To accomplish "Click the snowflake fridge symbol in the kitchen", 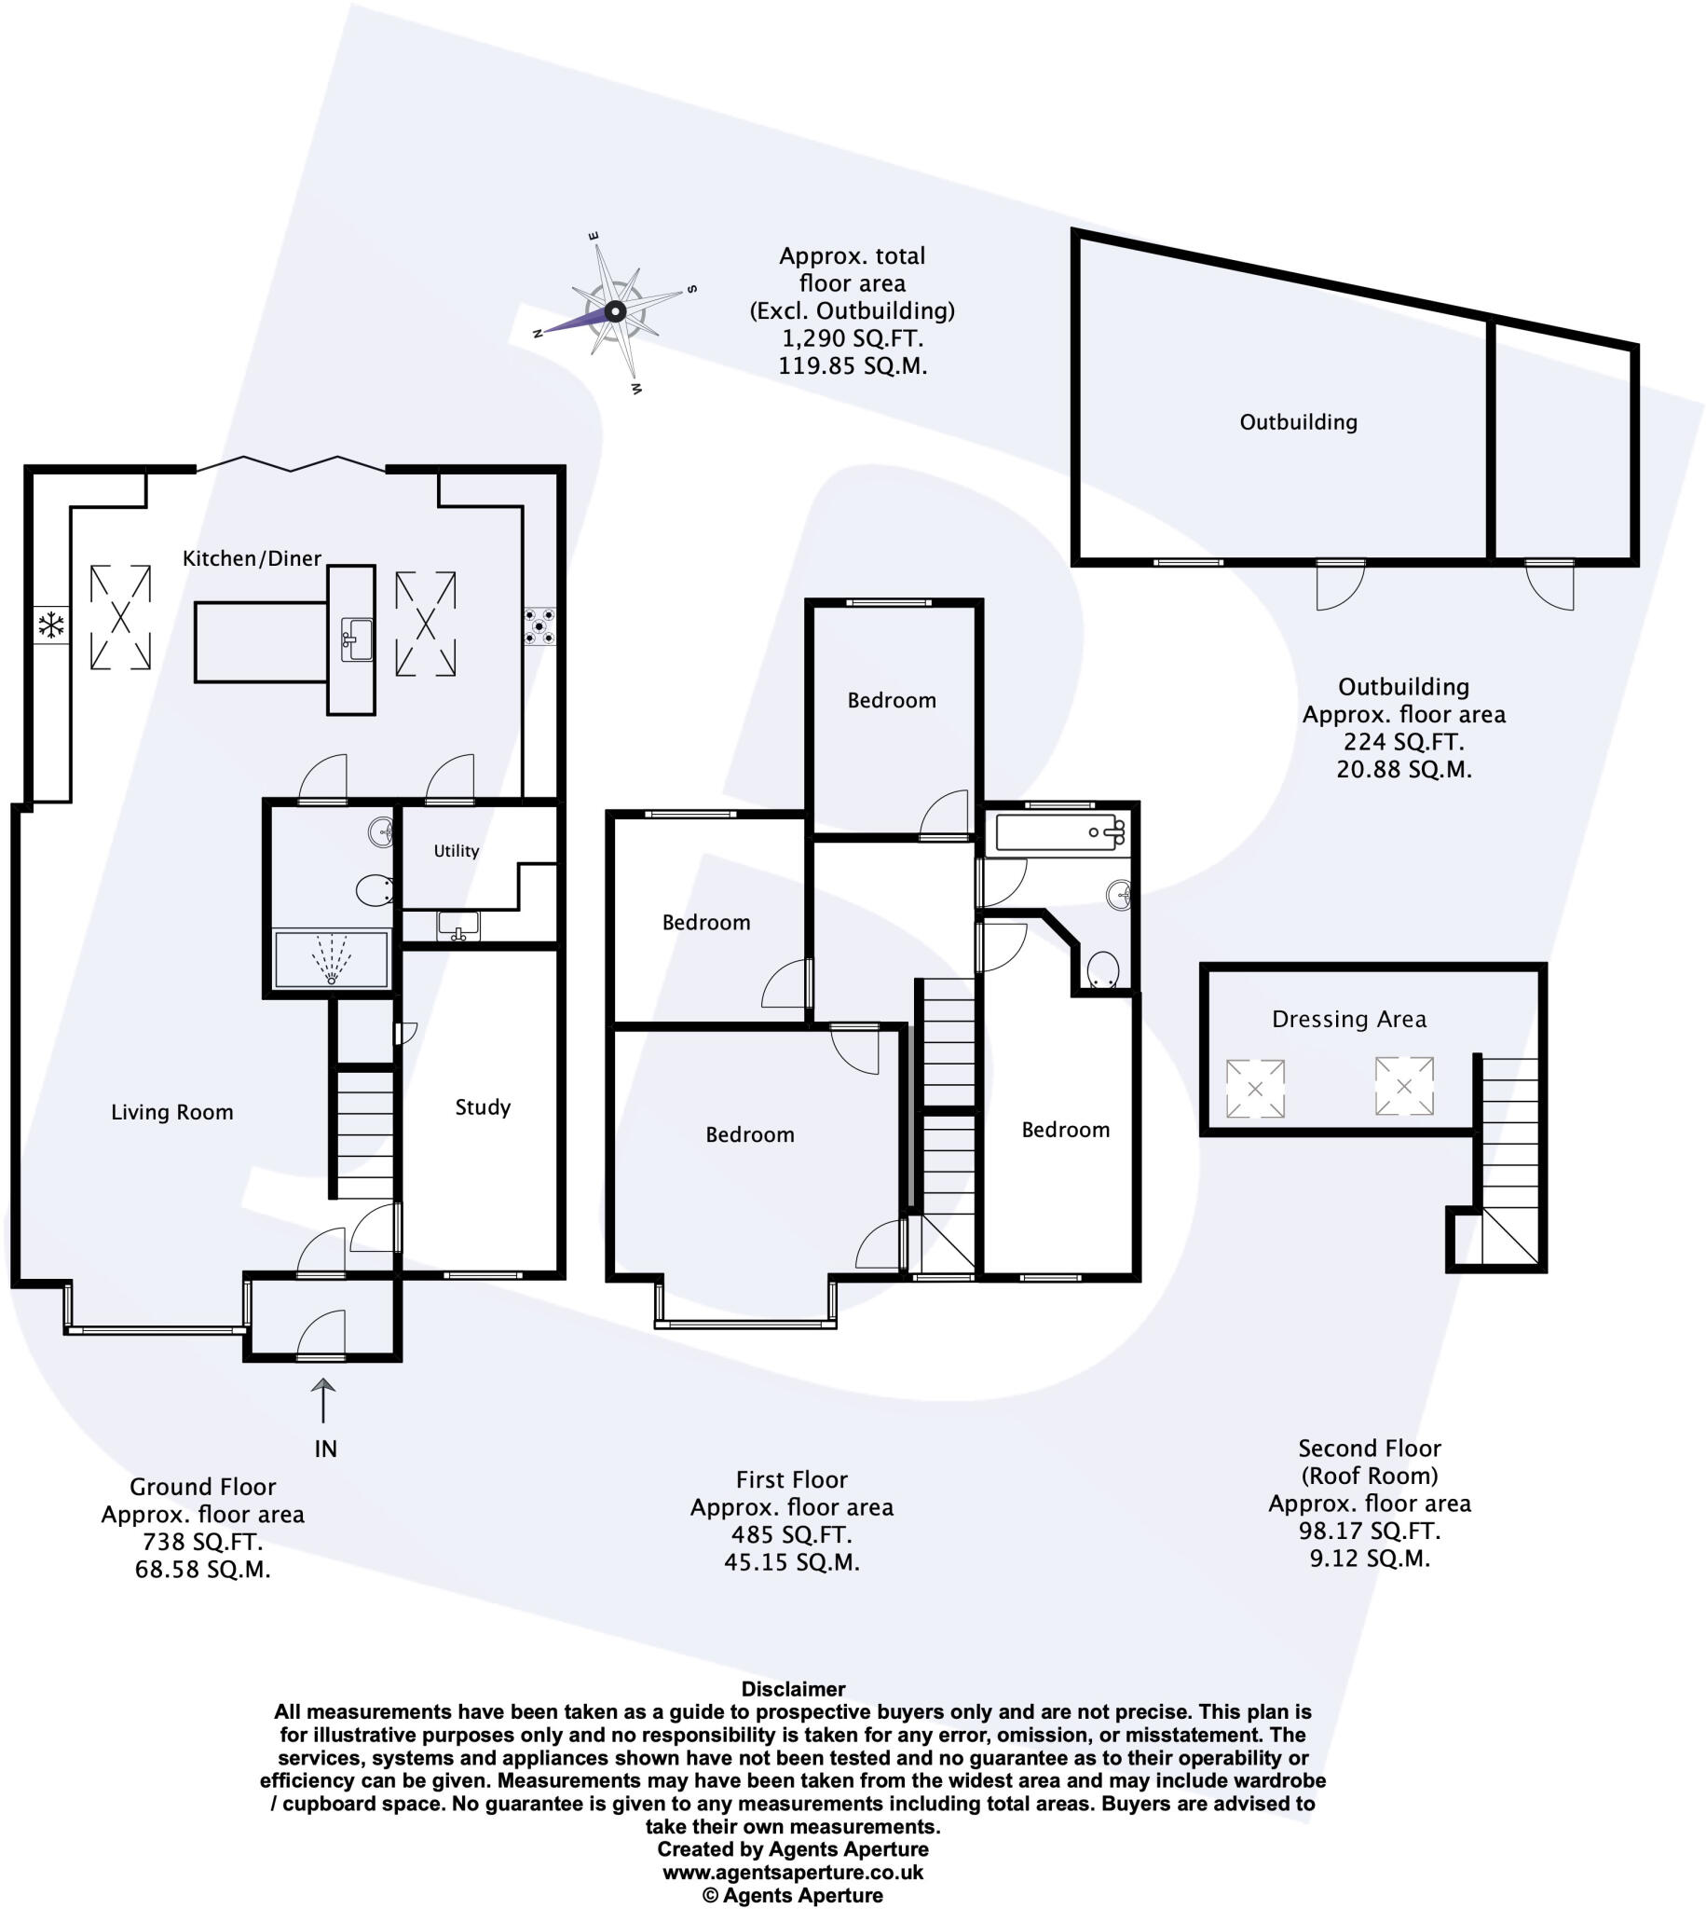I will coord(50,625).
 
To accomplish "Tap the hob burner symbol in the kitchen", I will coord(539,626).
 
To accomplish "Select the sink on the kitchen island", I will coord(356,639).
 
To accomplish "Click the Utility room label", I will coord(456,850).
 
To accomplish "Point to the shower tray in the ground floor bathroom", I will coord(330,958).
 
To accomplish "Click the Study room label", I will coord(483,1107).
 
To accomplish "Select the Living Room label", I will coord(171,1112).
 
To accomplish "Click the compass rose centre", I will coord(615,311).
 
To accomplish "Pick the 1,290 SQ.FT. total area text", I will coord(852,337).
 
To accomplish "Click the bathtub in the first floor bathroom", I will coord(1059,832).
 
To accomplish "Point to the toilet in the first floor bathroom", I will coord(1102,970).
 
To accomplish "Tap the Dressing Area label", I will coord(1349,1019).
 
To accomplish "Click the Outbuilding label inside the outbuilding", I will coord(1298,422).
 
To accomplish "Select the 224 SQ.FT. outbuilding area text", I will coord(1403,742).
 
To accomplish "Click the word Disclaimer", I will coord(793,1690).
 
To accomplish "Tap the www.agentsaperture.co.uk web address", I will coord(793,1873).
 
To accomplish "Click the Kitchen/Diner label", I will coord(252,559).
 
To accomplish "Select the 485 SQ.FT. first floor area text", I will coord(791,1535).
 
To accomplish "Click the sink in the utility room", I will coord(458,927).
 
